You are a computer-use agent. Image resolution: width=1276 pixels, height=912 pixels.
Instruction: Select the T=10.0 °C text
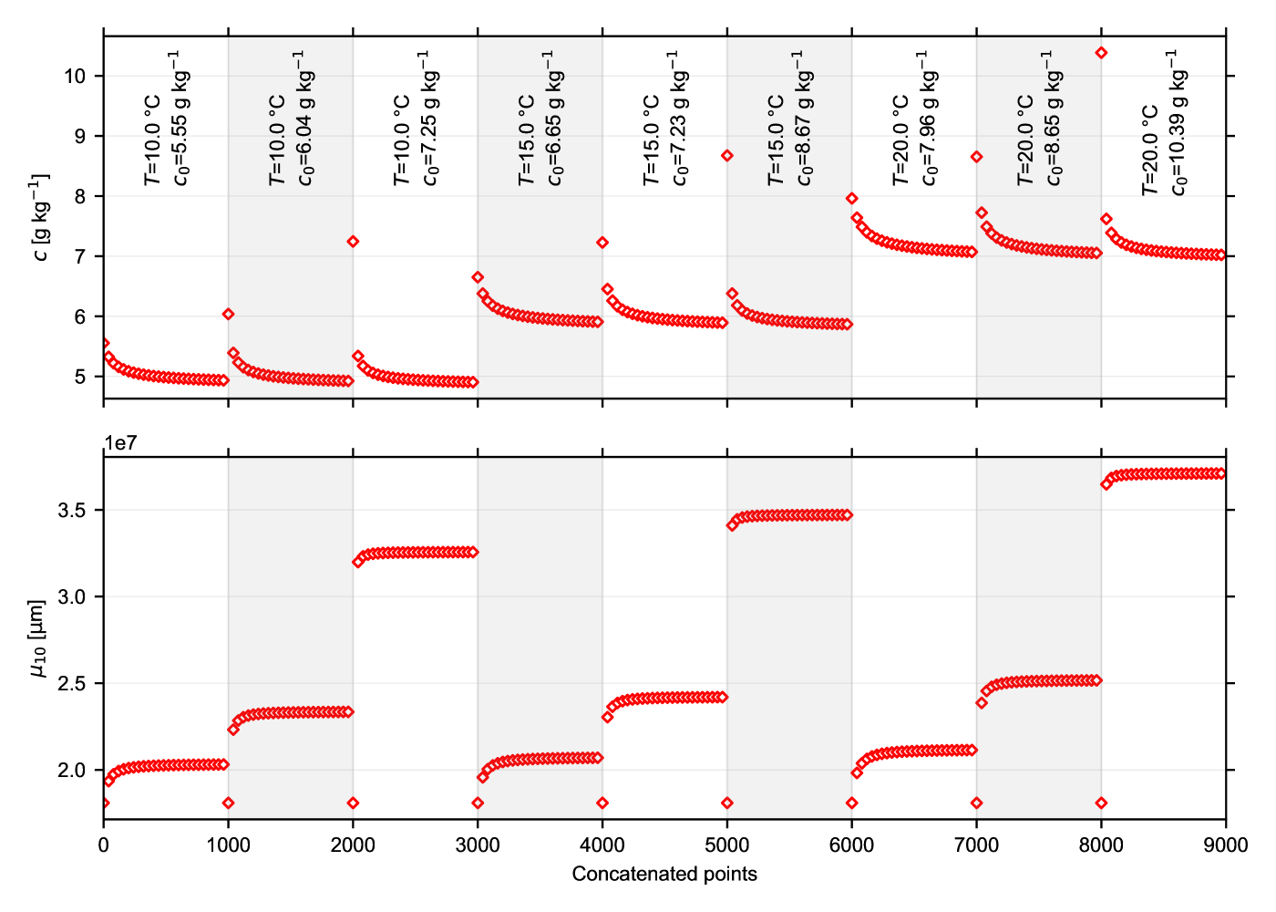277,141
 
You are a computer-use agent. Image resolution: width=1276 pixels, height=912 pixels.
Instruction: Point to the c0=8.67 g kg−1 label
805,119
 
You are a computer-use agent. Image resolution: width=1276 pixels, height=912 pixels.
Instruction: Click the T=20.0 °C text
1025,141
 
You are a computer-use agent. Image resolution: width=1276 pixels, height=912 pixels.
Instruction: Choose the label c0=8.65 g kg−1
1054,119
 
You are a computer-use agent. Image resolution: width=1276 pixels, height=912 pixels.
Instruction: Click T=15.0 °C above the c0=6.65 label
527,141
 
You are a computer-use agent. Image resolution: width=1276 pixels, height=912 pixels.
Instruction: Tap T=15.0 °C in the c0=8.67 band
776,141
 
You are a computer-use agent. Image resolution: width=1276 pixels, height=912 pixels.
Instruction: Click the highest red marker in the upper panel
1102,53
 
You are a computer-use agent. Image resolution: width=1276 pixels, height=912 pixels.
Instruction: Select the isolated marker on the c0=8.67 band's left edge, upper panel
726,156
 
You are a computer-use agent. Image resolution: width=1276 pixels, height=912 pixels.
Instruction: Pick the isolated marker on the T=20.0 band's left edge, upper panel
976,157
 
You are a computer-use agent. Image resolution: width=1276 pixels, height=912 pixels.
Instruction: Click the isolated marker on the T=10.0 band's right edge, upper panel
353,242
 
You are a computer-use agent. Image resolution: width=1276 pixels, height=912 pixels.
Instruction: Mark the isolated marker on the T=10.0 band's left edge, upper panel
228,315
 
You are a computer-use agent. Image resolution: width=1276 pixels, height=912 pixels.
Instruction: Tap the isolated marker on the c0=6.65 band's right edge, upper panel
602,243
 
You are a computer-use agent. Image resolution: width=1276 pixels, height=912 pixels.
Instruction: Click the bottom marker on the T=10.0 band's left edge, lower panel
228,803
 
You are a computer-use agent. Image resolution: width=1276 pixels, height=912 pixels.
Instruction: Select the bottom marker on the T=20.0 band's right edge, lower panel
1102,803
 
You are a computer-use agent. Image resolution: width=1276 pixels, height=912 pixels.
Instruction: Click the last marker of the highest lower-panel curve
1220,473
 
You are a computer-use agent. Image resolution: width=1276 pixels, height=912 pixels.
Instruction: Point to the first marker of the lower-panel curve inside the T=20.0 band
982,703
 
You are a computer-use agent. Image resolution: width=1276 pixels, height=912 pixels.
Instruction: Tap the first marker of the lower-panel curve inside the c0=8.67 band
732,525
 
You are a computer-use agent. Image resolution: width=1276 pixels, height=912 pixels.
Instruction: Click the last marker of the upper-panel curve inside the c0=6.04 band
348,381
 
